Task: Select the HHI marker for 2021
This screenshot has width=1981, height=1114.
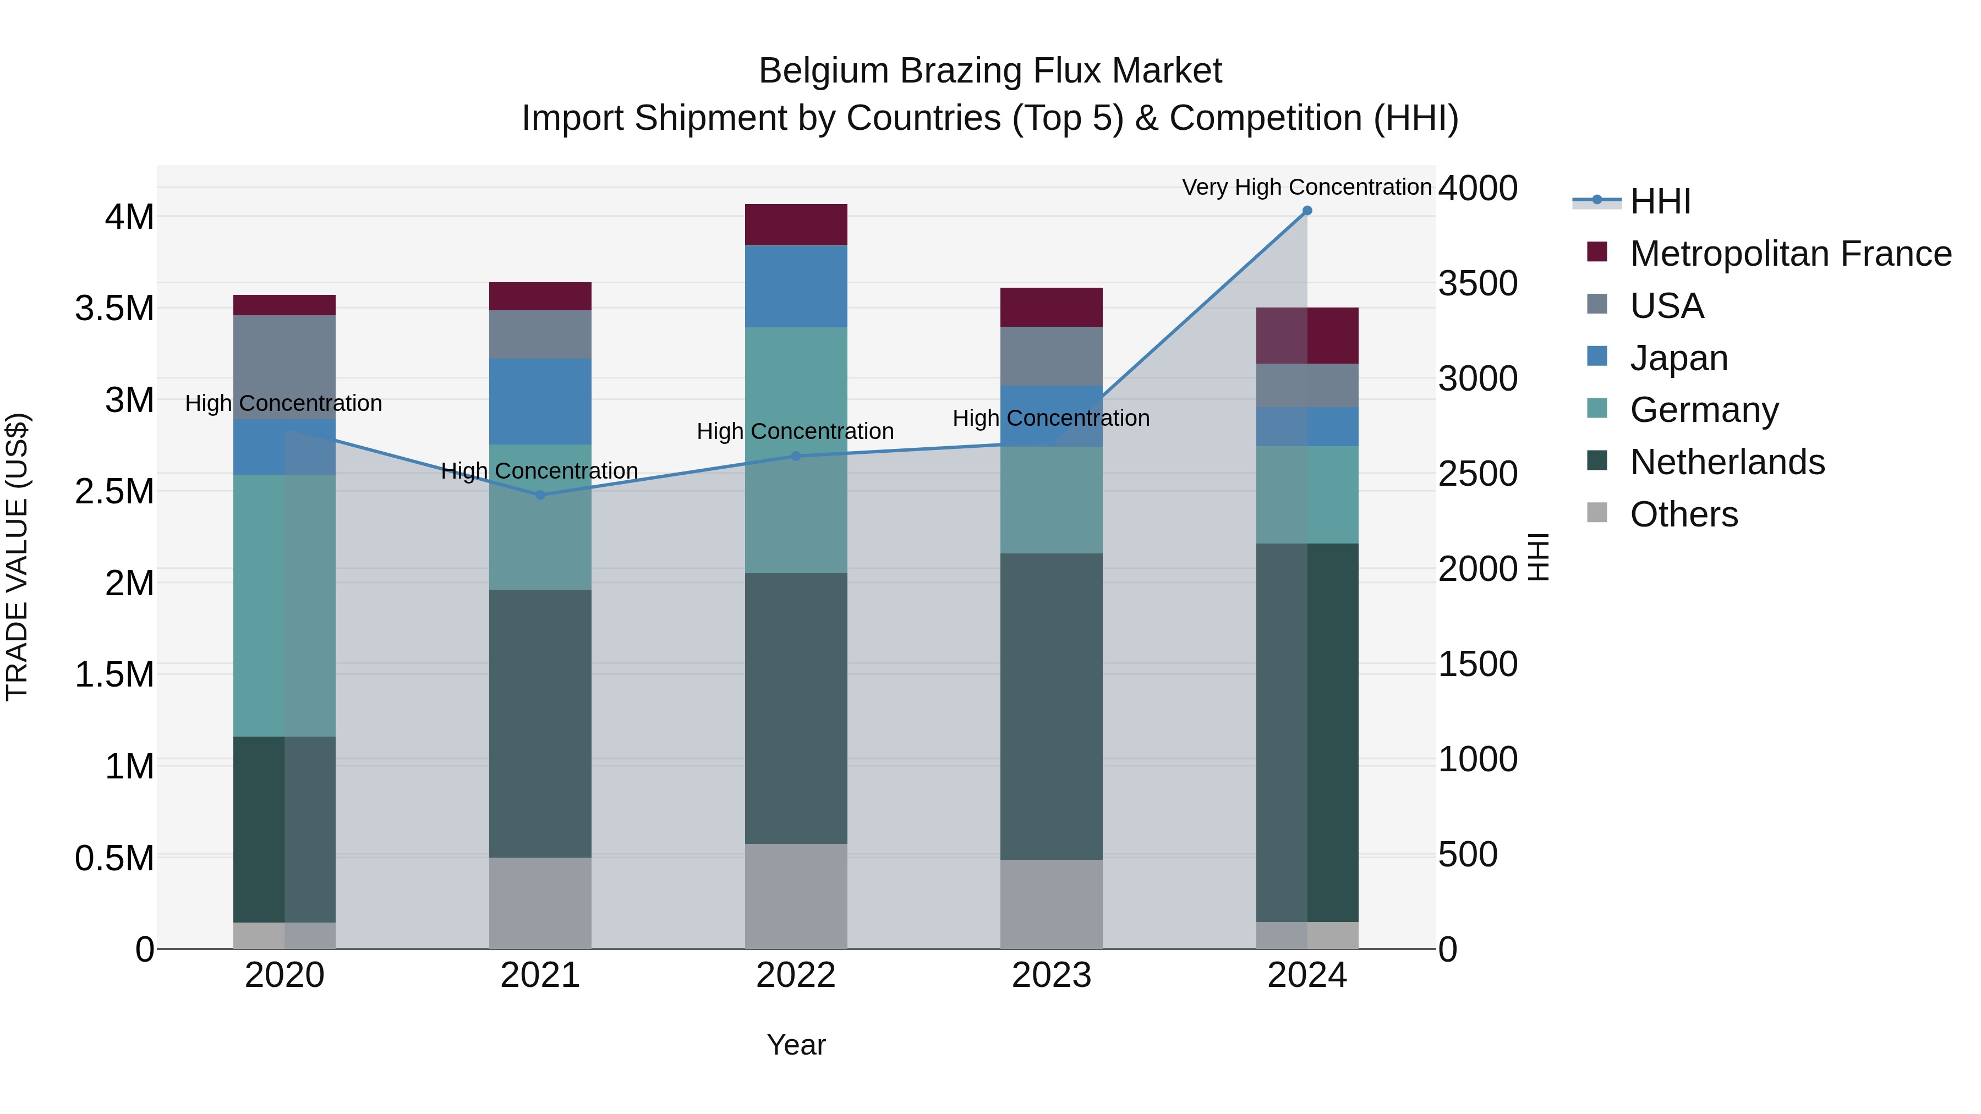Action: pos(540,495)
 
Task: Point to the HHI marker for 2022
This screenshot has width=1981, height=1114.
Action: pos(796,456)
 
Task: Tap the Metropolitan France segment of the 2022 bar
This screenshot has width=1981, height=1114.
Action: pos(796,224)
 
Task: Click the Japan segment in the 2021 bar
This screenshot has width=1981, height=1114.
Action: pos(540,402)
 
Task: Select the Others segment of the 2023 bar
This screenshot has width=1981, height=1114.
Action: pos(1051,903)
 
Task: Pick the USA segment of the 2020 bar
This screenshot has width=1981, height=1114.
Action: pos(284,367)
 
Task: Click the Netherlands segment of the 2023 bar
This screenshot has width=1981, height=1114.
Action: pos(1051,706)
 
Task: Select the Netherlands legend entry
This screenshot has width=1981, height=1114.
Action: pos(1726,462)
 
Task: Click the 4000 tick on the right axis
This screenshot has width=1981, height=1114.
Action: pos(1477,188)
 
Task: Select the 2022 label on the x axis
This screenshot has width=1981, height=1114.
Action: pos(796,975)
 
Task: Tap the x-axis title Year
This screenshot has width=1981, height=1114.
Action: pos(796,1045)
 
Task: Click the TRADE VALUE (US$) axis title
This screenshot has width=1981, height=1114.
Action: pos(17,557)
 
